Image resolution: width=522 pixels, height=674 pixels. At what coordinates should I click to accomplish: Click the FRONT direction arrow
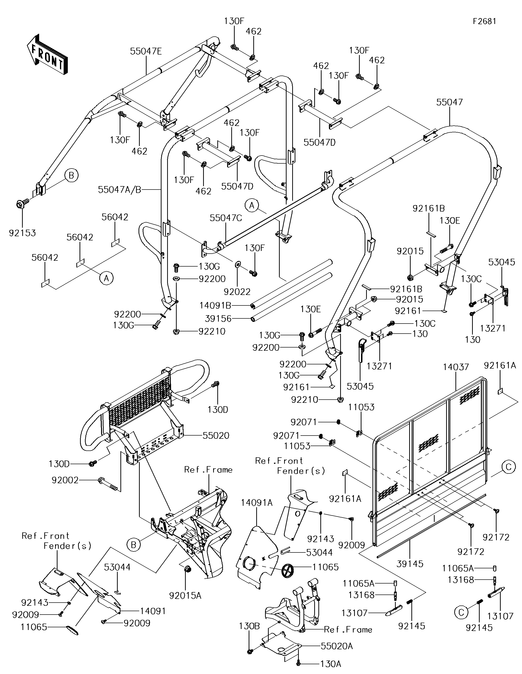point(47,55)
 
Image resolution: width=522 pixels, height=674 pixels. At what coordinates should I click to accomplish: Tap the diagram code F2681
point(485,21)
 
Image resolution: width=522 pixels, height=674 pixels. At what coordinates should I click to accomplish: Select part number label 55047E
point(146,51)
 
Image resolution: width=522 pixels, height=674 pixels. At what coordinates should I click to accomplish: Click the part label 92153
point(22,233)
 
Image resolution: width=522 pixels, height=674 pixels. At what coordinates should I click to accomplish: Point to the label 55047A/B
point(119,190)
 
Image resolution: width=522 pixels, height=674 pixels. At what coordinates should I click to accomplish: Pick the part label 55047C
point(226,218)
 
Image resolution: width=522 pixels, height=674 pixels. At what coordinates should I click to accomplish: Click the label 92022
point(237,291)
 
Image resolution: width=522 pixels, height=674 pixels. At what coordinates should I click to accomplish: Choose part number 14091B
point(215,305)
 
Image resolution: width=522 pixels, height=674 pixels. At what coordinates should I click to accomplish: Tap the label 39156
point(218,318)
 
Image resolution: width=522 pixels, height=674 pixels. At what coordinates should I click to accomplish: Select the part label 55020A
point(337,646)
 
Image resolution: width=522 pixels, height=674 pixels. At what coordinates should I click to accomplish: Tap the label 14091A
point(257,503)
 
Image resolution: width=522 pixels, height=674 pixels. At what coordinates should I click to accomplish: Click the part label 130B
point(249,626)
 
